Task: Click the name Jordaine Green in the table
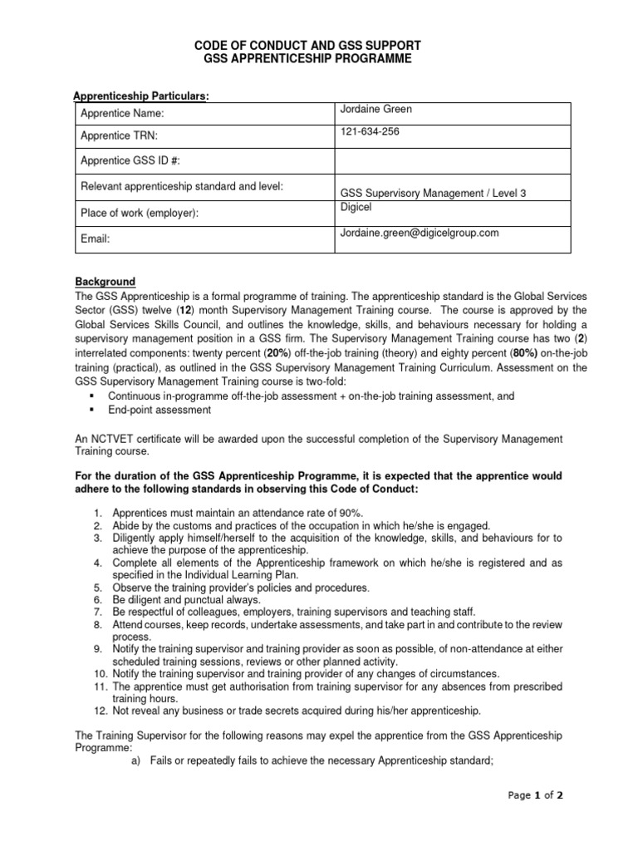[x=375, y=109]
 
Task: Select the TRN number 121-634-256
[x=369, y=131]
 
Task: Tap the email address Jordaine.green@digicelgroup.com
[x=420, y=233]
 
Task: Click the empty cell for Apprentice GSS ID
[x=452, y=160]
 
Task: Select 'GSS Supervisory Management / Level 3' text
[x=433, y=193]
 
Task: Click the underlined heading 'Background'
[x=106, y=282]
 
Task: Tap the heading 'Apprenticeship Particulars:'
[x=142, y=96]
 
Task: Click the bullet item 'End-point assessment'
[x=159, y=410]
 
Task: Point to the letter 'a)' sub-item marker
[x=138, y=761]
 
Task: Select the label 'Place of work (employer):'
[x=140, y=213]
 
